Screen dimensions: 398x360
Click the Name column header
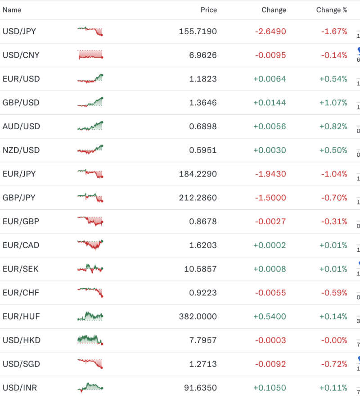pos(12,10)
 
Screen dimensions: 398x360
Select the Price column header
pos(208,10)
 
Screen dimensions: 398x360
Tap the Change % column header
pos(331,10)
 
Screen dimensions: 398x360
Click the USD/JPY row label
pos(19,32)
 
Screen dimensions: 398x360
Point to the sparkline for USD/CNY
pos(90,55)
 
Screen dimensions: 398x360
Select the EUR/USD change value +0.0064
pos(269,79)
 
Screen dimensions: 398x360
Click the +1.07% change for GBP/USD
pos(333,103)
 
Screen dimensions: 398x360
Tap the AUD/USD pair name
pos(21,127)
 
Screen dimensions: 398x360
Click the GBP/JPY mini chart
pos(90,197)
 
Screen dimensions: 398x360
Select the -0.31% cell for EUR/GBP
pos(334,222)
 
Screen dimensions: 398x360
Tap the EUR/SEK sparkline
pos(90,269)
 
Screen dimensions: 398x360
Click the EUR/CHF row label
pos(21,293)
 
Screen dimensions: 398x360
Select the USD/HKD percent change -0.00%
pos(333,340)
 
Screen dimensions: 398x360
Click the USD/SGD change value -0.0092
pos(270,364)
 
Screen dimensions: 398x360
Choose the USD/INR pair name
pos(20,388)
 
